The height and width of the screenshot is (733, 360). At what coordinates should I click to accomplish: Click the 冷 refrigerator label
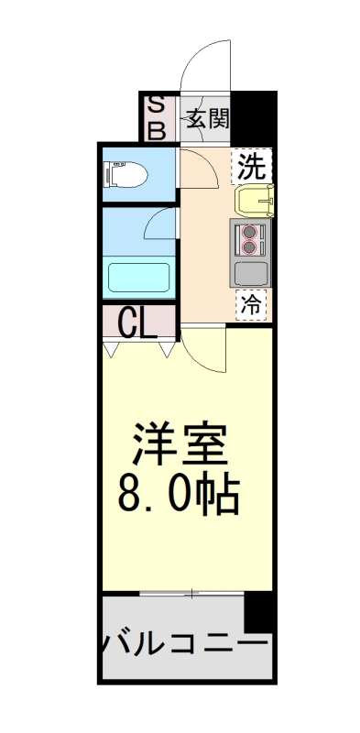250,303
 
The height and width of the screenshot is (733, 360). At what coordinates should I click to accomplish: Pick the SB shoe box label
157,118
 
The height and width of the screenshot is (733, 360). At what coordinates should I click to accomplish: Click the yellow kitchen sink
253,199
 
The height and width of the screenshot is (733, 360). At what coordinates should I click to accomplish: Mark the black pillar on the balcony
259,612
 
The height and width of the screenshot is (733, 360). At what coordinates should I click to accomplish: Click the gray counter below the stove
250,273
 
